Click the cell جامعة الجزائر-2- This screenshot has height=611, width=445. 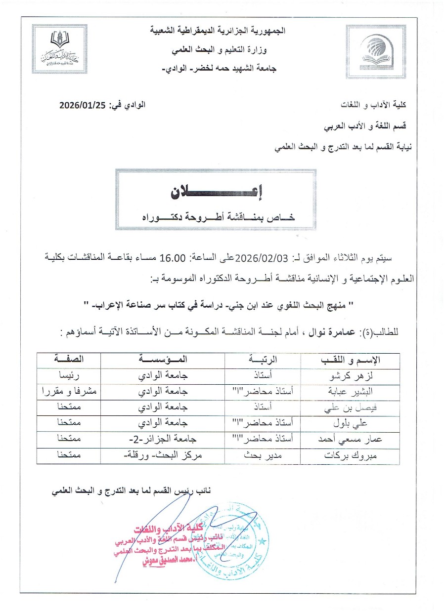(x=163, y=440)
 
